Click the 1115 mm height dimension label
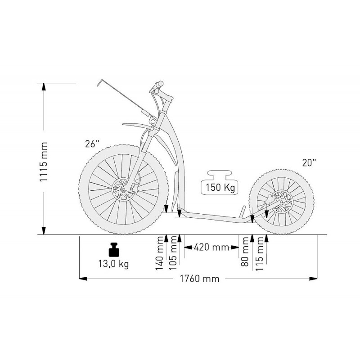pyautogui.click(x=44, y=162)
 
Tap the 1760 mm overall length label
pyautogui.click(x=199, y=279)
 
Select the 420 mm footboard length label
pyautogui.click(x=211, y=247)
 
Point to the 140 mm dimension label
pyautogui.click(x=159, y=253)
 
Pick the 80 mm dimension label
pyautogui.click(x=245, y=252)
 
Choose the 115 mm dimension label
pyautogui.click(x=259, y=254)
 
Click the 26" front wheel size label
pyautogui.click(x=92, y=144)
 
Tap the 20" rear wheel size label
pyautogui.click(x=309, y=162)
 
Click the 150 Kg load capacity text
pyautogui.click(x=220, y=187)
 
